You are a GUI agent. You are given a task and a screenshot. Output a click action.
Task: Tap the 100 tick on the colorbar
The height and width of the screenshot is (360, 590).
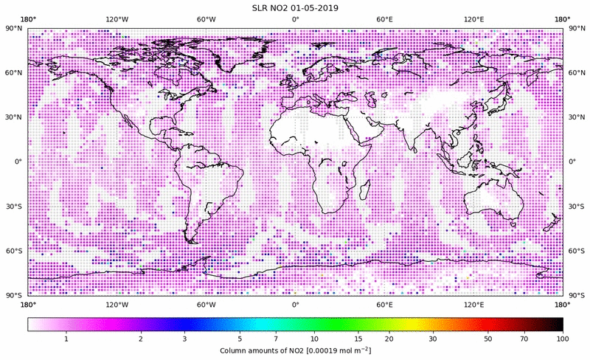click(x=562, y=338)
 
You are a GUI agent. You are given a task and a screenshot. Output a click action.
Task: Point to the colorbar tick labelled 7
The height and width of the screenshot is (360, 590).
click(x=276, y=338)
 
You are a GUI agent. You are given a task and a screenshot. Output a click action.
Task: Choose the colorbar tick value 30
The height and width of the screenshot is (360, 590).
click(x=434, y=338)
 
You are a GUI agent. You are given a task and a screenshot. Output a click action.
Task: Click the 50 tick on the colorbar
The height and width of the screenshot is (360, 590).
click(x=488, y=338)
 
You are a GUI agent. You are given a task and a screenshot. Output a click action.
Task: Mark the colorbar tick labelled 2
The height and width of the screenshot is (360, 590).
click(x=140, y=338)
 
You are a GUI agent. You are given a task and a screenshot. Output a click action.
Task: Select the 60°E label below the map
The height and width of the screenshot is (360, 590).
click(x=384, y=304)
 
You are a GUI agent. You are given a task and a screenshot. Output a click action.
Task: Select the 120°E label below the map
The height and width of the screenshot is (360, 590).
click(x=473, y=304)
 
